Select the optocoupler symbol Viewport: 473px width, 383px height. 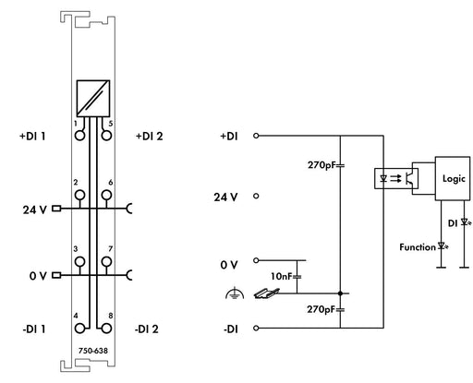click(x=396, y=178)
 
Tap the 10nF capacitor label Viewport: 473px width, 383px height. click(x=281, y=276)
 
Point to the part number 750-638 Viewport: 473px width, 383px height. click(x=93, y=351)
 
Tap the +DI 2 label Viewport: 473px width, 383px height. click(x=150, y=137)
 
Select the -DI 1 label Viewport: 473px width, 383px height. click(x=34, y=329)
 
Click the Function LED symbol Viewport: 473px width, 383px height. click(x=443, y=246)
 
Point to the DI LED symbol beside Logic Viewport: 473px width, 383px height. click(x=466, y=222)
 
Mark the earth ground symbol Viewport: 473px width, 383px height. click(x=235, y=293)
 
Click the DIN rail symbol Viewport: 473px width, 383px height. click(x=266, y=293)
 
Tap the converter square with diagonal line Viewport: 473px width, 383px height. click(x=93, y=99)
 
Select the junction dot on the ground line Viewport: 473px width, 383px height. click(x=340, y=293)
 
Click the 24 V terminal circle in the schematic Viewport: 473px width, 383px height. click(x=256, y=196)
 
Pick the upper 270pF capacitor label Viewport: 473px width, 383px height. click(x=321, y=165)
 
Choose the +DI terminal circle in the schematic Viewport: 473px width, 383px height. click(x=256, y=136)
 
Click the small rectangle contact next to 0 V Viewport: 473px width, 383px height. click(x=56, y=275)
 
